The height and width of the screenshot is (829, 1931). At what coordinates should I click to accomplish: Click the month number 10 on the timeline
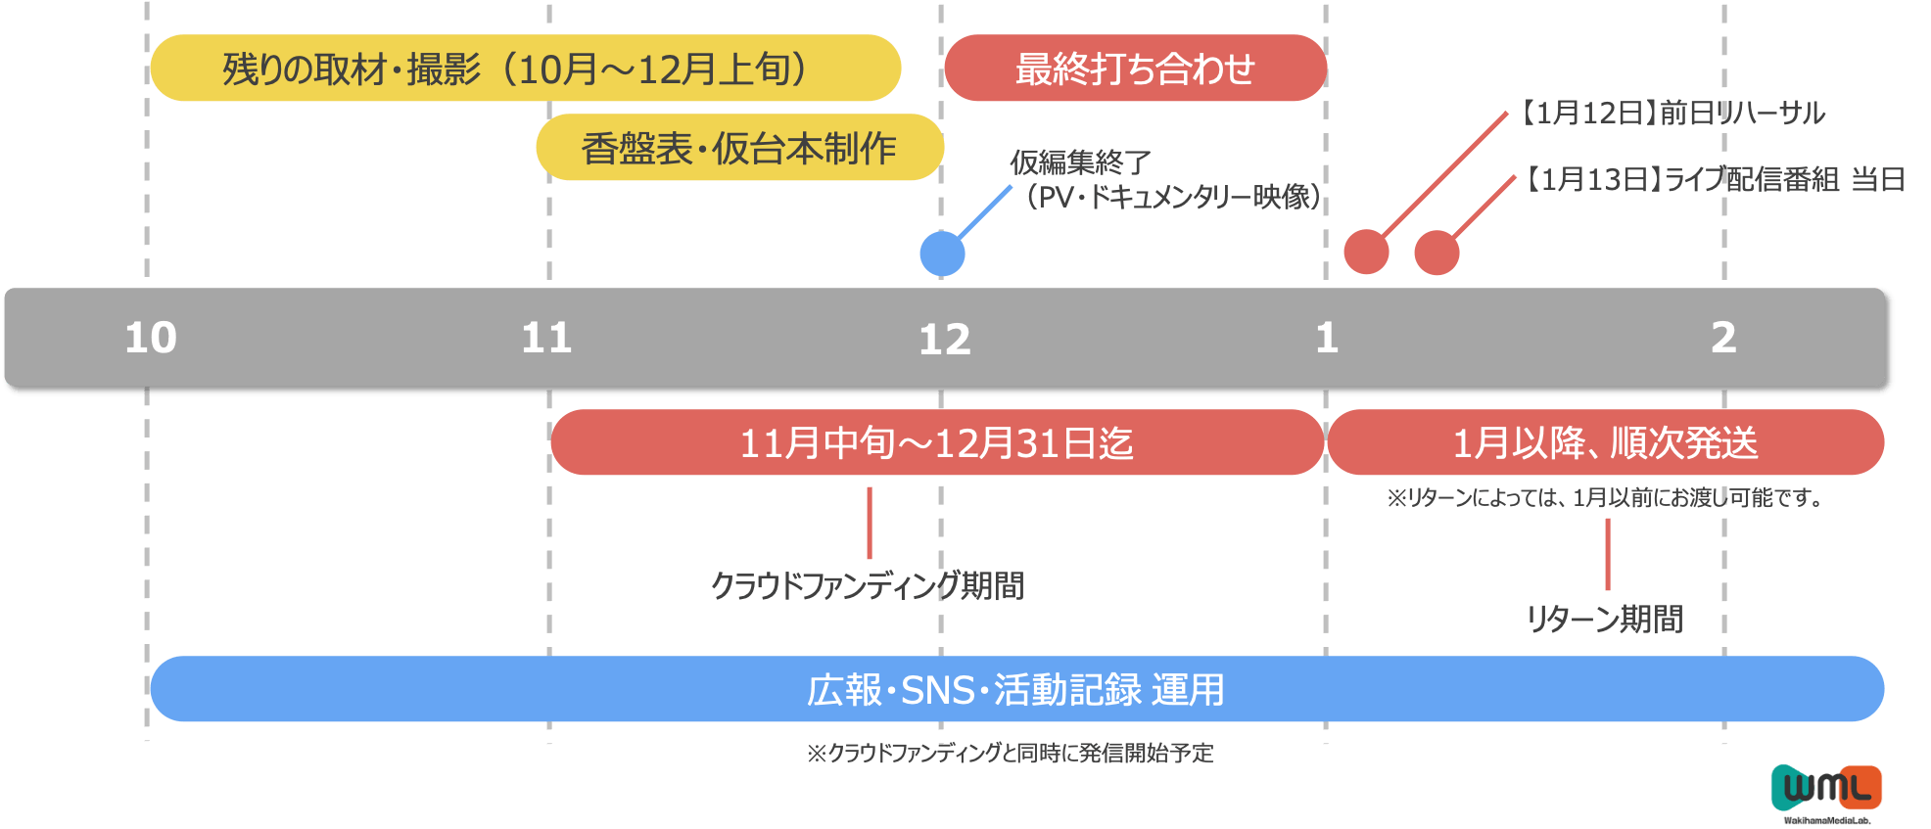[x=151, y=338]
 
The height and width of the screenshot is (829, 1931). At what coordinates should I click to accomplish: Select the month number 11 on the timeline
[x=546, y=339]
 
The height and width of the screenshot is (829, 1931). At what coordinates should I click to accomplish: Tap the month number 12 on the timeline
[x=944, y=340]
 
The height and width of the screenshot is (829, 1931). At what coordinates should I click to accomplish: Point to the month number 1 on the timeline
[x=1327, y=339]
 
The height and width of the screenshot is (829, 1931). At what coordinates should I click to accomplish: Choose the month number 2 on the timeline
[x=1723, y=338]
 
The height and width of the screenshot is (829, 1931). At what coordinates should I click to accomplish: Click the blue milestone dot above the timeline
[x=942, y=253]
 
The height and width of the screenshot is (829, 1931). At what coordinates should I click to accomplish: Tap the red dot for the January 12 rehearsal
[x=1366, y=252]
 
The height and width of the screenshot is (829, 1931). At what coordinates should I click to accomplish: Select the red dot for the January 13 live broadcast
[x=1436, y=253]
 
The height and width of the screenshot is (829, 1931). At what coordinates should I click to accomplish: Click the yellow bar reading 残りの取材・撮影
[x=525, y=69]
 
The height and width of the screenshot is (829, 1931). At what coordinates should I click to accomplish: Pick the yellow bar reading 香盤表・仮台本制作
[x=739, y=148]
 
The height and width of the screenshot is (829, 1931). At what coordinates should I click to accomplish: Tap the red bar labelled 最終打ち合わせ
[x=1135, y=69]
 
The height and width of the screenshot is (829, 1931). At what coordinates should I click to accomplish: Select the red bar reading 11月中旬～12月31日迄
[x=936, y=443]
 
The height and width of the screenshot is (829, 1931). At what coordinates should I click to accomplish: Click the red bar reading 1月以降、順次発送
[x=1605, y=443]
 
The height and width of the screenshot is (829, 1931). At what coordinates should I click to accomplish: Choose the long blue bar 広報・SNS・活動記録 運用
[x=1016, y=690]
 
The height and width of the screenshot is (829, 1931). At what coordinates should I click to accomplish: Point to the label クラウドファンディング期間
[x=867, y=585]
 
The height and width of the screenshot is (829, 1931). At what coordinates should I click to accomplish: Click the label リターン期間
[x=1604, y=619]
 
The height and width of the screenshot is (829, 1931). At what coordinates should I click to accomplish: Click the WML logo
[x=1826, y=789]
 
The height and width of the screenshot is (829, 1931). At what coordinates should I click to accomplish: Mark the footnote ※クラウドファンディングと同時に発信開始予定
[x=1010, y=753]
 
